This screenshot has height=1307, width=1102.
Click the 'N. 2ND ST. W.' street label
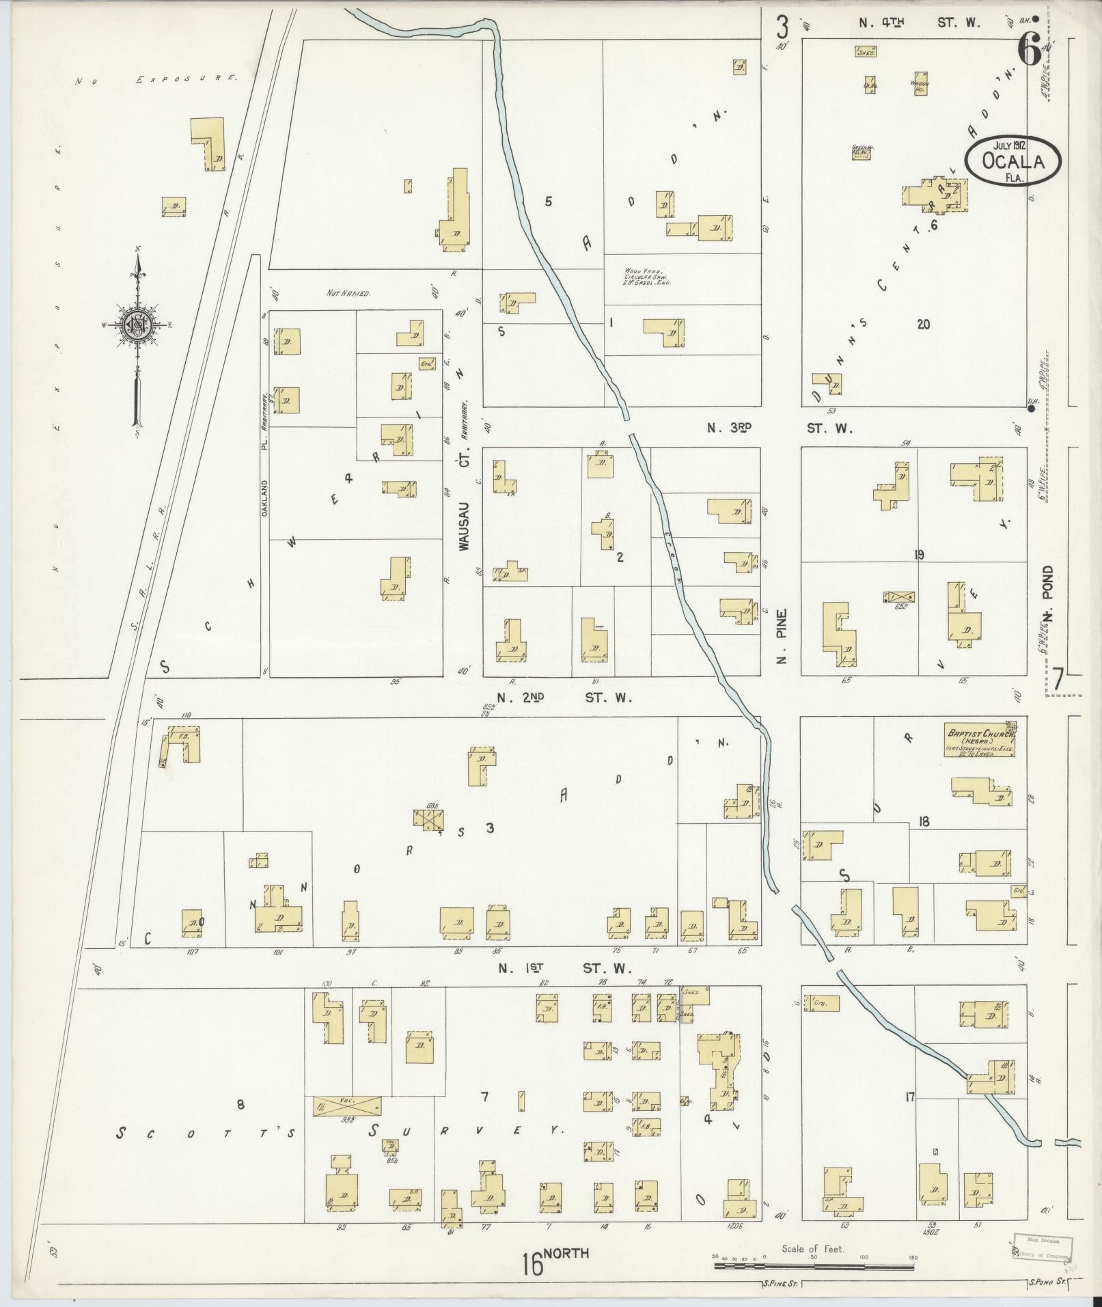564,698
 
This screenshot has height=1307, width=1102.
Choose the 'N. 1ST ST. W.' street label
564,967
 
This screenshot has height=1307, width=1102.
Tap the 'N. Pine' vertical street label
782,635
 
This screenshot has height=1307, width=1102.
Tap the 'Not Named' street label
348,293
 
